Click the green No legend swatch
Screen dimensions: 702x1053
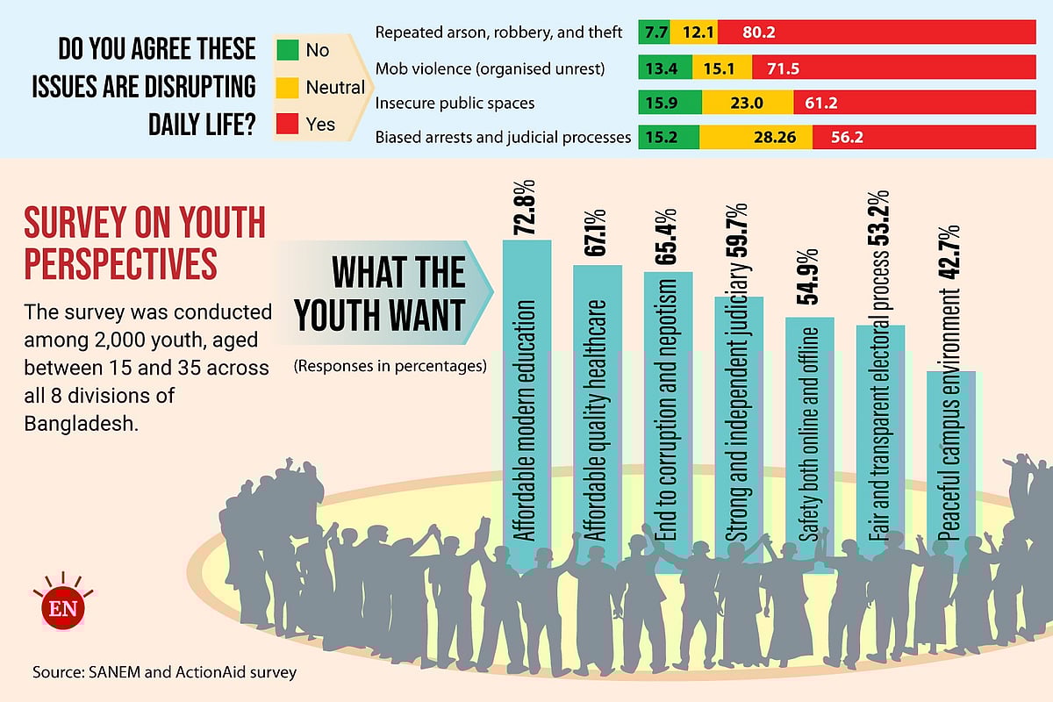[x=288, y=50]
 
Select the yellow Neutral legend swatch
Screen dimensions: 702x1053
[x=288, y=87]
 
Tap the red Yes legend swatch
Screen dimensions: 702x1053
[x=288, y=124]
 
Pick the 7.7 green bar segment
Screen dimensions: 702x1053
[x=654, y=32]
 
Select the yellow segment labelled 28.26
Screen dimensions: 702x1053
[x=756, y=138]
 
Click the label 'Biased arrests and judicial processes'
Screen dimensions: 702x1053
[x=503, y=138]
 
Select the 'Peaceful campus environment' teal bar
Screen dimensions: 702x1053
[x=951, y=456]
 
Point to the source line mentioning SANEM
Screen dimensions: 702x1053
[x=165, y=673]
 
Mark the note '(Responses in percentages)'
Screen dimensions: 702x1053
[x=390, y=365]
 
